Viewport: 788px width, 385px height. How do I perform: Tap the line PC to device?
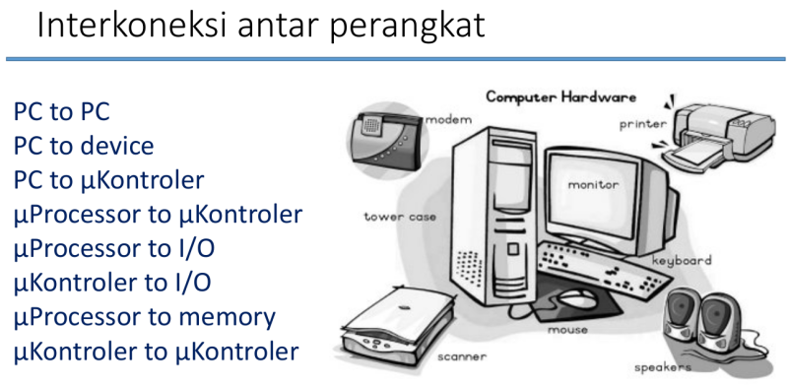[x=84, y=146]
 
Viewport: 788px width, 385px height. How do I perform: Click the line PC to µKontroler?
[x=108, y=180]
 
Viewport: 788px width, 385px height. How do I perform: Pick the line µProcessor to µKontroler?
[x=158, y=215]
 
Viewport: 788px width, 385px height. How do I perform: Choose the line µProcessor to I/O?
[x=113, y=249]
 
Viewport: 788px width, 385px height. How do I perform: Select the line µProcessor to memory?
[x=144, y=318]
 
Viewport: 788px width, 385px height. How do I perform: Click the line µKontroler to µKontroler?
[x=156, y=352]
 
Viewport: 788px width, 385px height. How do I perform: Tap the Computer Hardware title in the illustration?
[x=561, y=97]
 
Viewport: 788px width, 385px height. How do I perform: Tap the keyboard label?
[x=681, y=261]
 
